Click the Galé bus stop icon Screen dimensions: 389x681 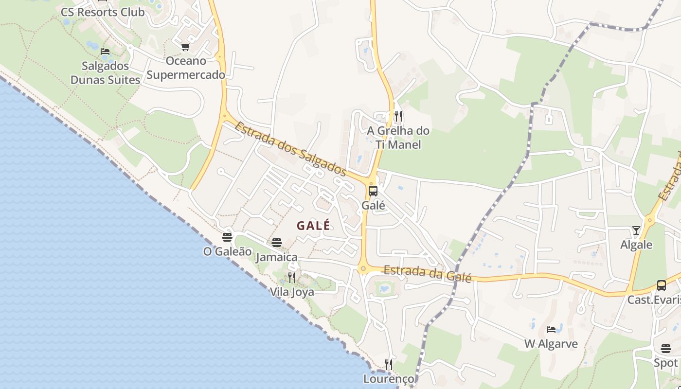coord(373,191)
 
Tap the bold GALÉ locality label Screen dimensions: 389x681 coord(313,226)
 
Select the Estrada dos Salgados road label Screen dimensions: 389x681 coord(290,149)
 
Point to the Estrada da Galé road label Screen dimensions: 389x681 coord(427,273)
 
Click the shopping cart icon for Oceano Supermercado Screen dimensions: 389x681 coord(185,47)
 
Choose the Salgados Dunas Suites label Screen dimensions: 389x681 coord(105,73)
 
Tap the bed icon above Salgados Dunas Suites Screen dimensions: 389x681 coord(105,52)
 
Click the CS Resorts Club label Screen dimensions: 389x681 coord(103,12)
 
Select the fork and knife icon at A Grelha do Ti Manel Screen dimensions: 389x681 coord(398,116)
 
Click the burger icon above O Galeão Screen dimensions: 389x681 coord(227,237)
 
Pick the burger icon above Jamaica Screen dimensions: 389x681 coord(277,242)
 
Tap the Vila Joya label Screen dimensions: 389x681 coord(292,292)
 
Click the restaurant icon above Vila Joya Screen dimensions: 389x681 coord(291,278)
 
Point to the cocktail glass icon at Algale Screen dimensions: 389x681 coord(636,230)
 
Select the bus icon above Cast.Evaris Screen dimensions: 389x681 coord(661,285)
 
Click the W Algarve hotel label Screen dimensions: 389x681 coord(551,344)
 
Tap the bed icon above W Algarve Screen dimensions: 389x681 coord(551,330)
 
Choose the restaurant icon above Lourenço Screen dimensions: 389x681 coord(388,364)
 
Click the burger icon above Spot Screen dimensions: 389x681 coord(666,349)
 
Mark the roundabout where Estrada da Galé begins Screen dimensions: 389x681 coord(363,268)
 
